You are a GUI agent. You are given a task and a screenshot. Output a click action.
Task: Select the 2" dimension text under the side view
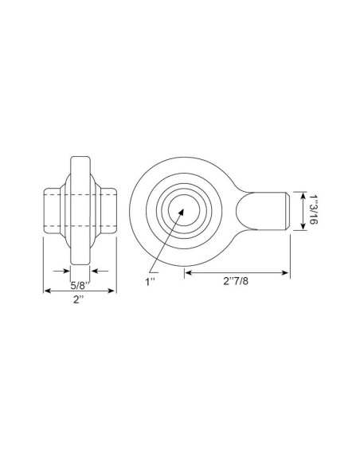[x=79, y=301]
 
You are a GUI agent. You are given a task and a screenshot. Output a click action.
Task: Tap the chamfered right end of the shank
[x=284, y=211]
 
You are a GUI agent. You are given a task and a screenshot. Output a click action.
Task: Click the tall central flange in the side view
[x=80, y=210]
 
